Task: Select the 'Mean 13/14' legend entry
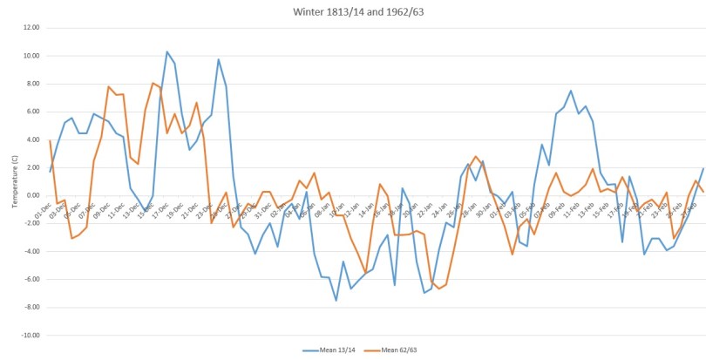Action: coord(329,350)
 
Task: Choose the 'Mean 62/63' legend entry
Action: coord(400,350)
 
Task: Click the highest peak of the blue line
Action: coord(167,51)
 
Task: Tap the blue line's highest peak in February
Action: coord(571,91)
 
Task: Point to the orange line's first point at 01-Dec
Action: coord(51,140)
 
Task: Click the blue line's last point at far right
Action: coord(703,168)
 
